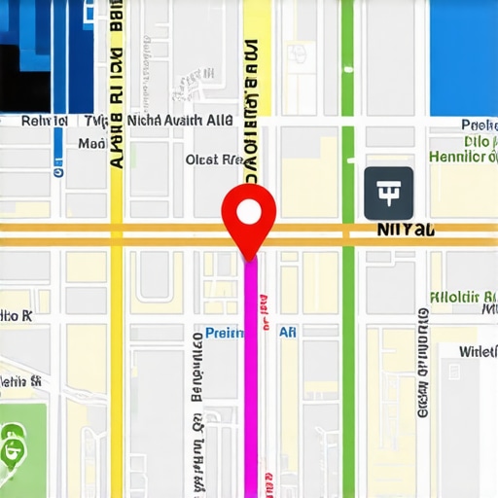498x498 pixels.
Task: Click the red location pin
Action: point(249,219)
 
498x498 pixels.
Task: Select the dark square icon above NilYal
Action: point(388,192)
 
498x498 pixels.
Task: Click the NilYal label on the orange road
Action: point(405,230)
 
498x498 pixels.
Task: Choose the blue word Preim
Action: point(226,333)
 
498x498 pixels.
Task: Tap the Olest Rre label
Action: point(214,160)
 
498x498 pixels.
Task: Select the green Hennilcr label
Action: point(463,157)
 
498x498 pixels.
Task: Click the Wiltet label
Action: point(477,351)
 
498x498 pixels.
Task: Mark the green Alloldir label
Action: point(463,297)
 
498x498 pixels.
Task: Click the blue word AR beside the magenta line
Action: point(288,333)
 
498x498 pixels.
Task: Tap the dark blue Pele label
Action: point(479,125)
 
